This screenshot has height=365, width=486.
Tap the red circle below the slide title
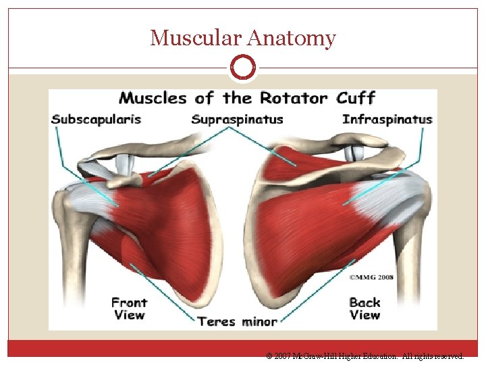tap(243, 68)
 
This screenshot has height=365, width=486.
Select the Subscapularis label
tap(97, 120)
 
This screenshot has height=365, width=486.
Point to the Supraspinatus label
tap(237, 120)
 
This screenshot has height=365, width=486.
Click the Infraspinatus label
tap(387, 120)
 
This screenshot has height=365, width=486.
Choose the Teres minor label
tap(237, 321)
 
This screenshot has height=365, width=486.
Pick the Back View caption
tap(364, 308)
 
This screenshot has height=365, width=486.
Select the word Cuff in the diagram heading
tap(355, 98)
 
